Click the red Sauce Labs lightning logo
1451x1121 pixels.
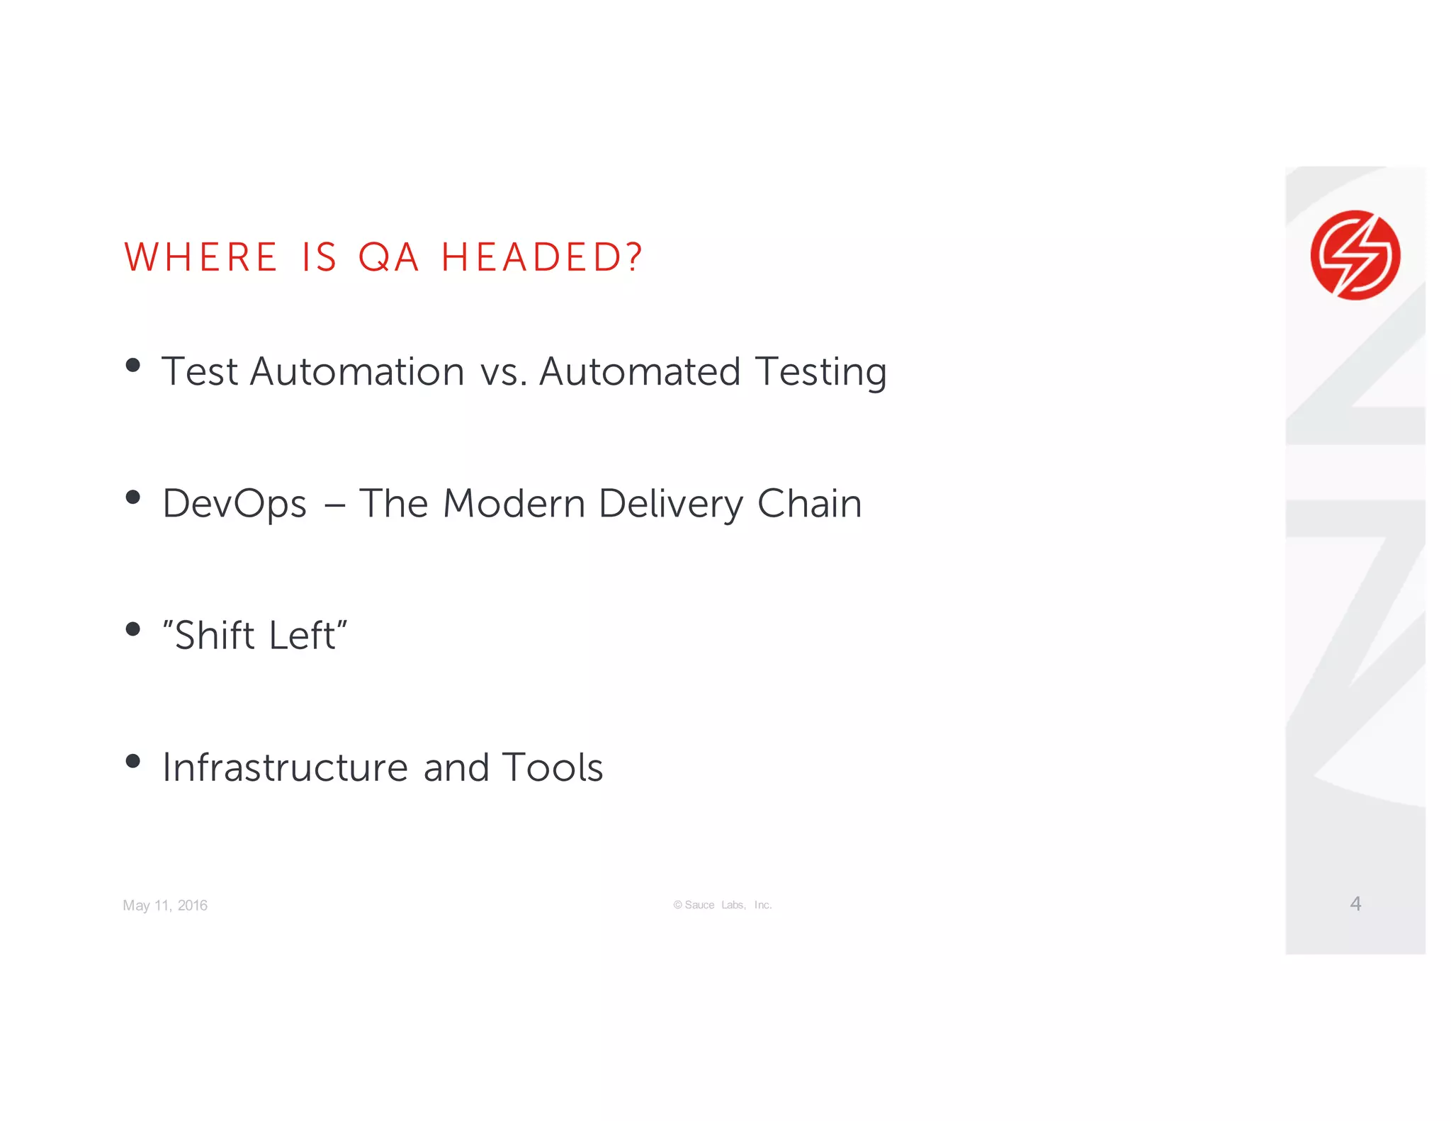pos(1355,255)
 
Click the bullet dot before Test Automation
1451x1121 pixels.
pos(132,366)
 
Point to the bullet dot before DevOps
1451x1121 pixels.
pos(132,497)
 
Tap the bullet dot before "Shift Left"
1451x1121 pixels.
pos(132,629)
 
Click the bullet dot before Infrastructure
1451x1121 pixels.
pos(132,762)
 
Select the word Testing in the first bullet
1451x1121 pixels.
pos(820,372)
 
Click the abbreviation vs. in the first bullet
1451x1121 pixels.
pos(503,372)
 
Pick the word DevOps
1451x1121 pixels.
pos(235,505)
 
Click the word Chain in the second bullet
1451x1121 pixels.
pos(809,504)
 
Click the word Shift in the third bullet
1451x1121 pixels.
pos(214,635)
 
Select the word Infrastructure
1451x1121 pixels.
pos(286,767)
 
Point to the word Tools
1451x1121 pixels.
pos(552,767)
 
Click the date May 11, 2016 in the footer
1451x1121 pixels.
pos(165,906)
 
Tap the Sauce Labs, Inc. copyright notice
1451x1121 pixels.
pos(723,905)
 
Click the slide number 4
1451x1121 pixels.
pos(1355,903)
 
